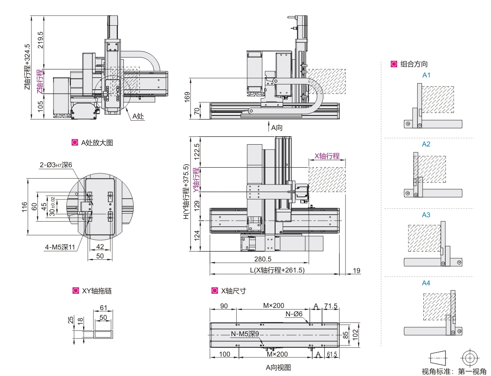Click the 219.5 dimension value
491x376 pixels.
tap(41, 40)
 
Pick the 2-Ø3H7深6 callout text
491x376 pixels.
tap(56, 165)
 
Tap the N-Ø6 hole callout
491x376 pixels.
tap(294, 314)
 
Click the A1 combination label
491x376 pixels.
tap(426, 75)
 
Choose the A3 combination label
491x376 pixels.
tap(426, 215)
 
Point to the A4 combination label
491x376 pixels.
tap(426, 283)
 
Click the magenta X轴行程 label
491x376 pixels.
tap(327, 156)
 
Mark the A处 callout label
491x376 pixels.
tap(138, 116)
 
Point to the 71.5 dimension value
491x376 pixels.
tap(330, 306)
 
